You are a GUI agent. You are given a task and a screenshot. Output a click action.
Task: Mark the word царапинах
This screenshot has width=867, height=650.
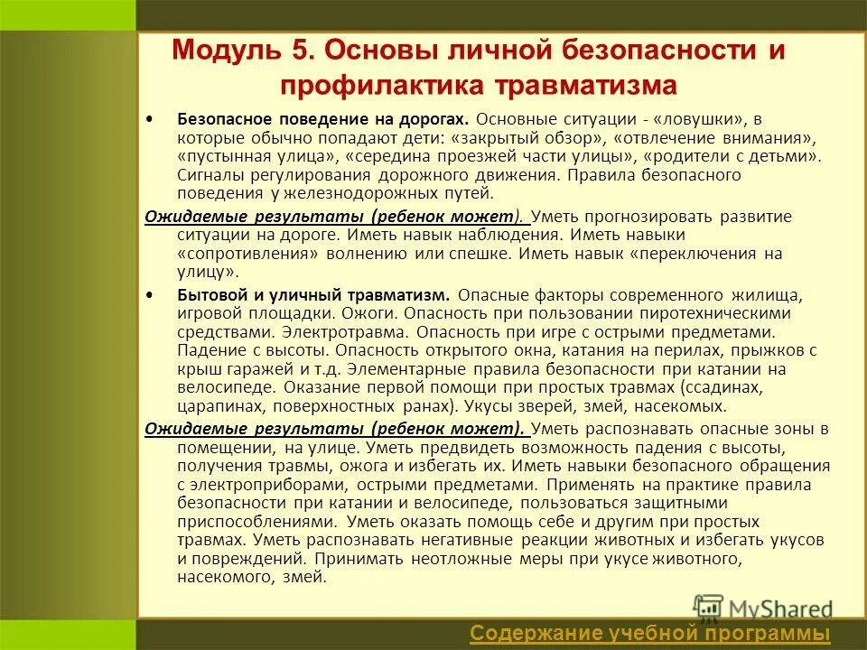click(x=216, y=405)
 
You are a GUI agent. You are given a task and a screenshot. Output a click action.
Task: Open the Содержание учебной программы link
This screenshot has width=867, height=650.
click(x=650, y=634)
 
